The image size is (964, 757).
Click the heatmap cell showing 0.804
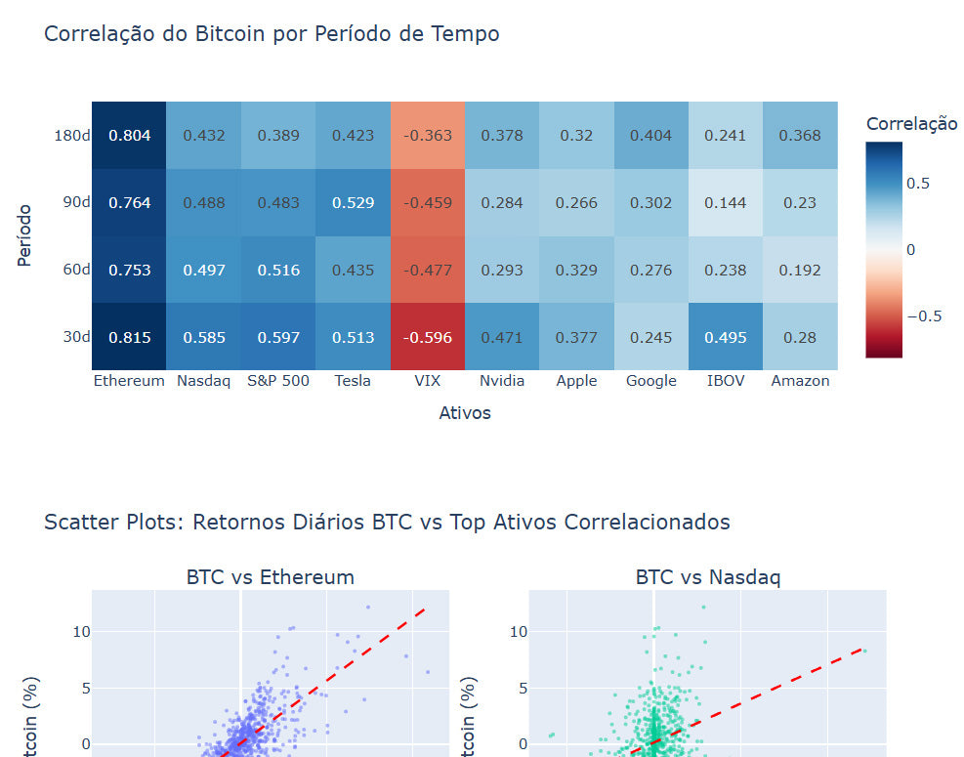pyautogui.click(x=129, y=136)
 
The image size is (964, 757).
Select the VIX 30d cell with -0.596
pyautogui.click(x=427, y=338)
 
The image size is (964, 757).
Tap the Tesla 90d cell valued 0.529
pyautogui.click(x=353, y=203)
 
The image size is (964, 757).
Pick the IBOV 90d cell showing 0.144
pyautogui.click(x=725, y=203)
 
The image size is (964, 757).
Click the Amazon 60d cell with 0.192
pyautogui.click(x=799, y=271)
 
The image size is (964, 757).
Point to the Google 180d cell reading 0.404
pyautogui.click(x=650, y=136)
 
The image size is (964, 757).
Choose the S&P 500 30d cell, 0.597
pyautogui.click(x=278, y=338)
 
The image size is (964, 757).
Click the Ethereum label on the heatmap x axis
pyautogui.click(x=129, y=381)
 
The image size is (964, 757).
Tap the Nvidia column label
pyautogui.click(x=502, y=381)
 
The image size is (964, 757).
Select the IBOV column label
pyautogui.click(x=725, y=381)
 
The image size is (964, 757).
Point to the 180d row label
pyautogui.click(x=72, y=136)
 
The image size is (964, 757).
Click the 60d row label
pyautogui.click(x=76, y=271)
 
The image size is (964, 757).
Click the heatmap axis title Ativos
pyautogui.click(x=465, y=413)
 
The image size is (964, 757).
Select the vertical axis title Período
pyautogui.click(x=25, y=235)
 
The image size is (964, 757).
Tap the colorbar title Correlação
pyautogui.click(x=912, y=124)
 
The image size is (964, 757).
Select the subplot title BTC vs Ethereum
pyautogui.click(x=270, y=577)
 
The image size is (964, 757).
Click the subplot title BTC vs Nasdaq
pyautogui.click(x=707, y=577)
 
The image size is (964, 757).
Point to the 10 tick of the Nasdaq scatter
pyautogui.click(x=519, y=632)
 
